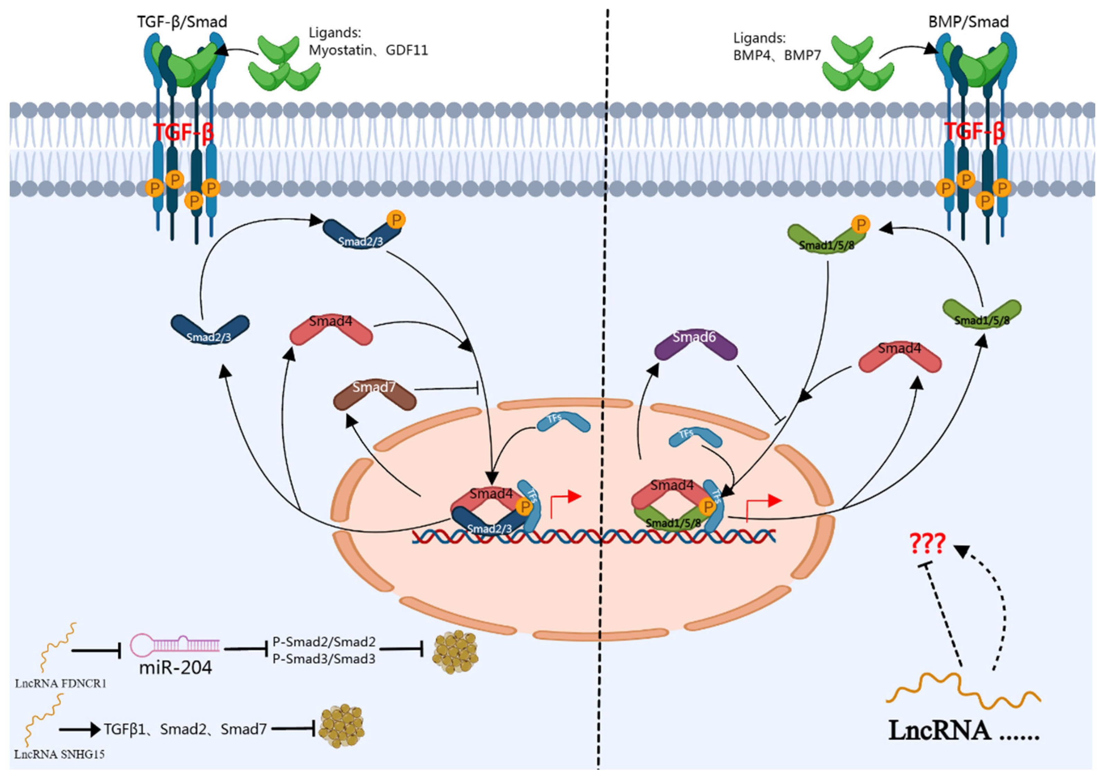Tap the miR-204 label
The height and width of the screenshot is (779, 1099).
[x=175, y=667]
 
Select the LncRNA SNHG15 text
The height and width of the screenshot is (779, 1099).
[x=59, y=754]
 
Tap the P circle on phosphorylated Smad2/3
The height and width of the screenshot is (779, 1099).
[x=396, y=220]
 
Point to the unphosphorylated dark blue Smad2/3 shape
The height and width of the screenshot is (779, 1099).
[x=210, y=328]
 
